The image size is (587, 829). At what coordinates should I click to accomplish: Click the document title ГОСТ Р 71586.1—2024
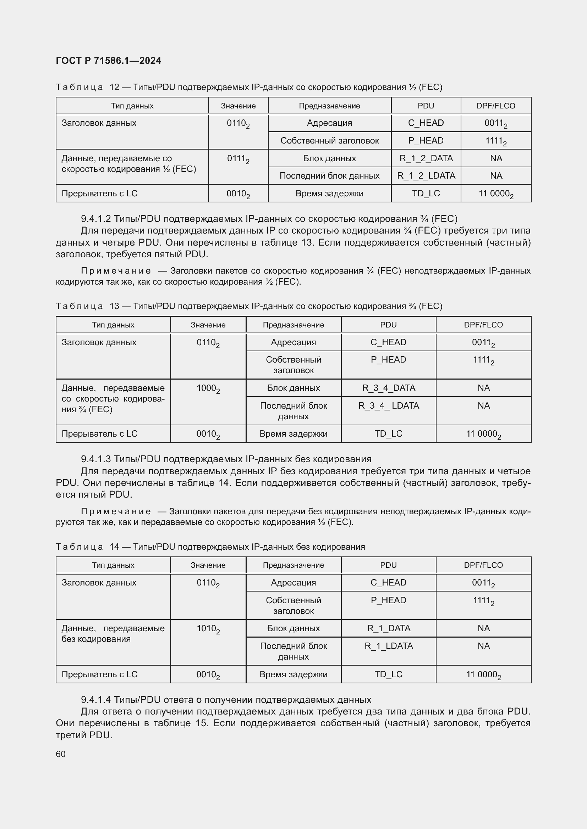coord(109,61)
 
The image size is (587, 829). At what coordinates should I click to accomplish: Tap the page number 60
coord(61,754)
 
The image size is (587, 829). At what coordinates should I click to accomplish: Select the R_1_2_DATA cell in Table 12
coord(426,158)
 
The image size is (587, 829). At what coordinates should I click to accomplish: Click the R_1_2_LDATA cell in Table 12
coord(426,176)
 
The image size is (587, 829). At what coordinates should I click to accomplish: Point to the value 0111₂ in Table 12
coord(238,159)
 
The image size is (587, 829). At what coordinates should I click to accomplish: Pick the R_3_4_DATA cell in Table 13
coord(389,388)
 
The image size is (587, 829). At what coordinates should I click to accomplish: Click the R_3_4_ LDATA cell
coord(389,406)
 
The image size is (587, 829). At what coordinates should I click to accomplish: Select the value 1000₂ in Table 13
coord(208,388)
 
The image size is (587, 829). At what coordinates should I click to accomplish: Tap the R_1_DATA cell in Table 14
coord(389,629)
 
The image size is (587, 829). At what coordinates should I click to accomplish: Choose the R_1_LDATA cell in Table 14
coord(389,646)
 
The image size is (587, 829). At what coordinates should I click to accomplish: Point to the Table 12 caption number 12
coord(114,87)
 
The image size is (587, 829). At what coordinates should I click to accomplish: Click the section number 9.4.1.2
coord(96,219)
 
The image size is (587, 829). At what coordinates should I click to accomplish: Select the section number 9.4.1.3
coord(96,459)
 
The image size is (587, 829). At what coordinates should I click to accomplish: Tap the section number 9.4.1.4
coord(96,700)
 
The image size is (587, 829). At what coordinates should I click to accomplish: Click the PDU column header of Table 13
coord(389,325)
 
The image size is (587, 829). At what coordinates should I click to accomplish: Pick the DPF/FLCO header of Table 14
coord(483,565)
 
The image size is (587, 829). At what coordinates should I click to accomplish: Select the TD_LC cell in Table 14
coord(389,674)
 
